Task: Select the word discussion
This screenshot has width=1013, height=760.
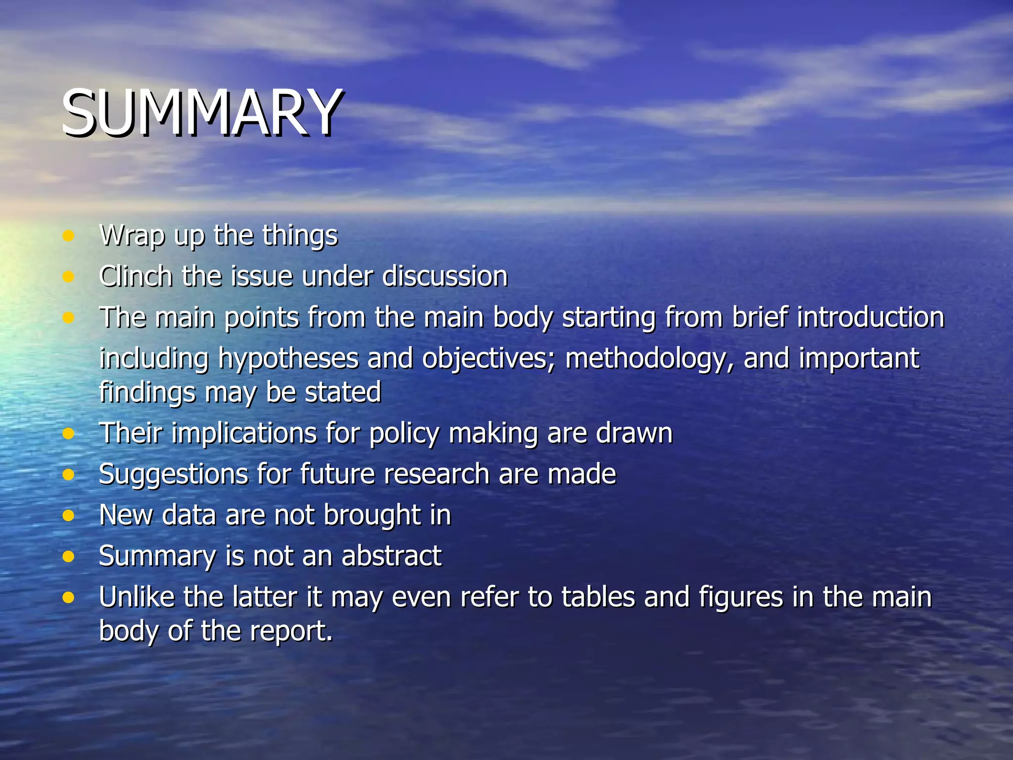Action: (x=445, y=276)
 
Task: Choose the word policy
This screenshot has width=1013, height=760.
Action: (x=404, y=433)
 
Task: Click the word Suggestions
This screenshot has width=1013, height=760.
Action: (x=173, y=475)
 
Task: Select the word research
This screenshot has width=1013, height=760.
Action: (x=436, y=474)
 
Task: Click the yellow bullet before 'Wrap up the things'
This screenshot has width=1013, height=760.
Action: (x=68, y=236)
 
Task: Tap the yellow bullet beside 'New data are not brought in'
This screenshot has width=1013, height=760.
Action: (x=68, y=516)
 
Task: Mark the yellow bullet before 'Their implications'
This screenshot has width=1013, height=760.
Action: (x=68, y=434)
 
